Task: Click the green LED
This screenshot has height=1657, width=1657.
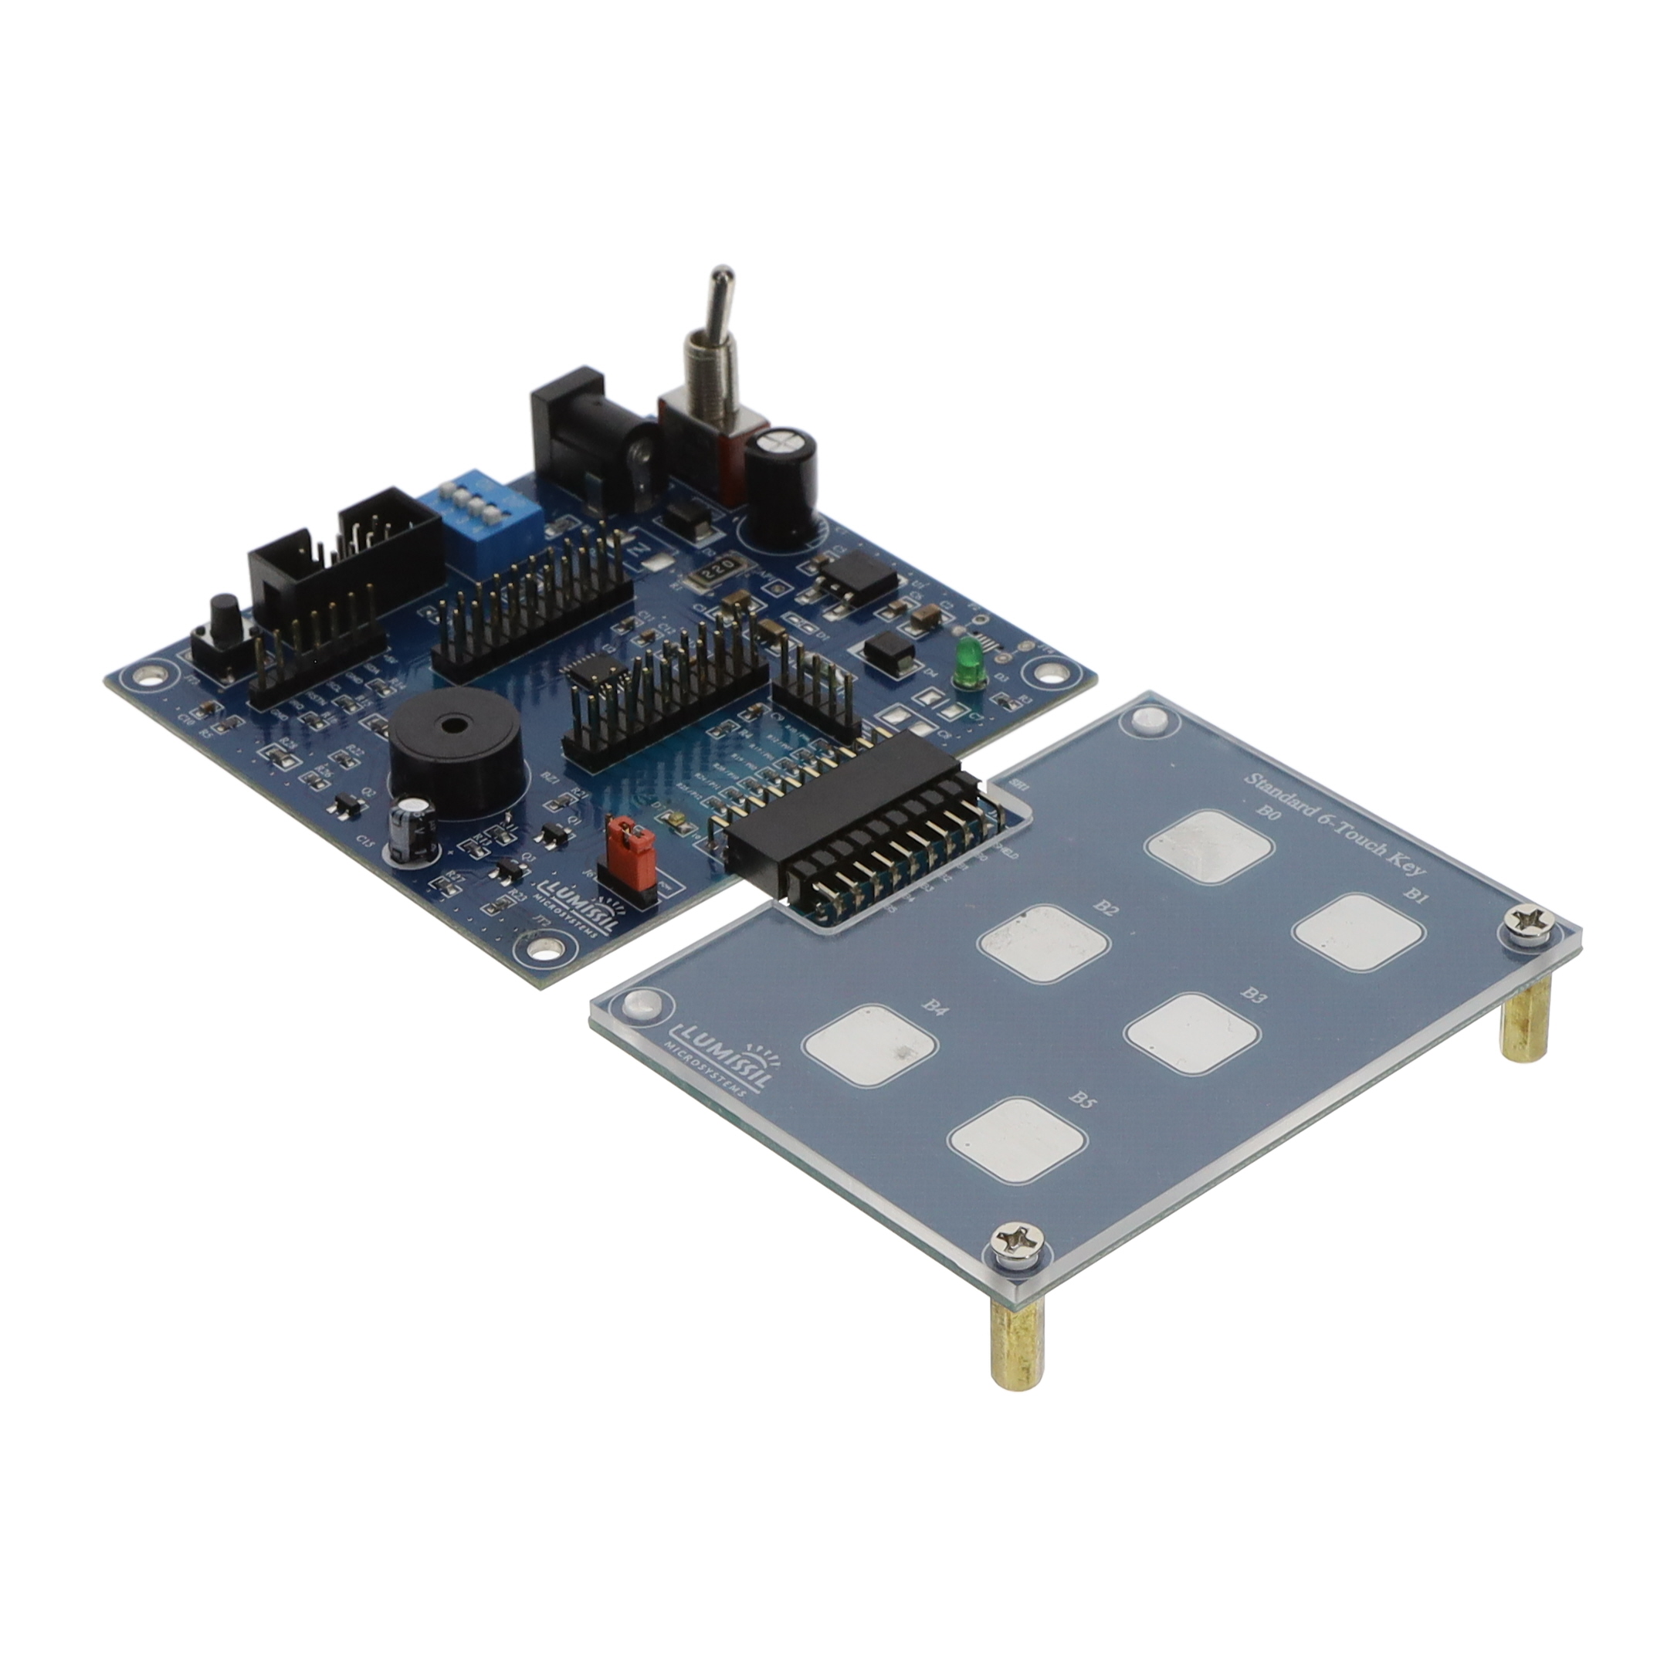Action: (967, 665)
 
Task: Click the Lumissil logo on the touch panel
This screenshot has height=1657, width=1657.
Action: (720, 1054)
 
